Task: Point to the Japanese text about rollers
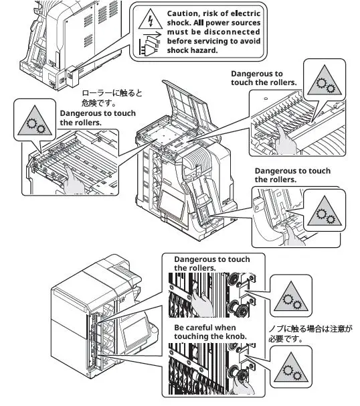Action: [112, 98]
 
